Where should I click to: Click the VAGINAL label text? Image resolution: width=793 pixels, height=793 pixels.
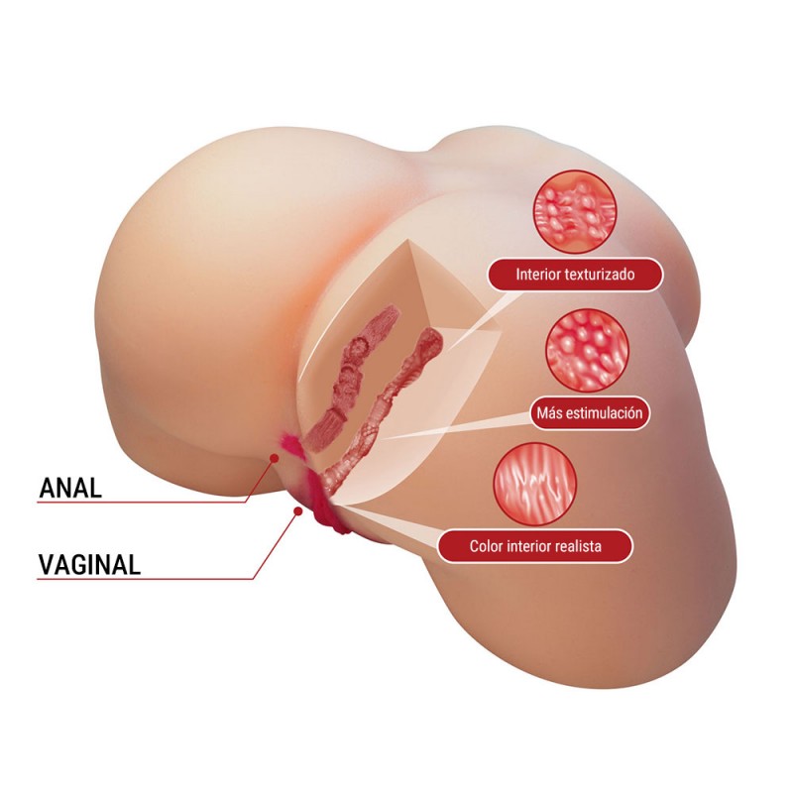pyautogui.click(x=89, y=564)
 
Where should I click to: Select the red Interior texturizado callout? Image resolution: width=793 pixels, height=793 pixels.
pyautogui.click(x=574, y=275)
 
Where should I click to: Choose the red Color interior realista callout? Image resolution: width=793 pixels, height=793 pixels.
pyautogui.click(x=536, y=545)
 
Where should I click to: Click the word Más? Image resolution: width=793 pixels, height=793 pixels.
pyautogui.click(x=546, y=412)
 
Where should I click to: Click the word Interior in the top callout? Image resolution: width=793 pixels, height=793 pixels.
pyautogui.click(x=537, y=275)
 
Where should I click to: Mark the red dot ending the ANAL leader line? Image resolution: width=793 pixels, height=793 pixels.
pyautogui.click(x=275, y=456)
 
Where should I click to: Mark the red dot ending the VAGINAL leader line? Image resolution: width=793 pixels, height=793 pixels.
pyautogui.click(x=297, y=511)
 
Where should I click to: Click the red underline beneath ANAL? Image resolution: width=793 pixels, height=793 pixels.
pyautogui.click(x=139, y=503)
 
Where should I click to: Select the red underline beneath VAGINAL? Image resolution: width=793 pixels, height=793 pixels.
pyautogui.click(x=139, y=579)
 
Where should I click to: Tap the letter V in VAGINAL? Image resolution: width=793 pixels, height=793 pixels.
pyautogui.click(x=46, y=564)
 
